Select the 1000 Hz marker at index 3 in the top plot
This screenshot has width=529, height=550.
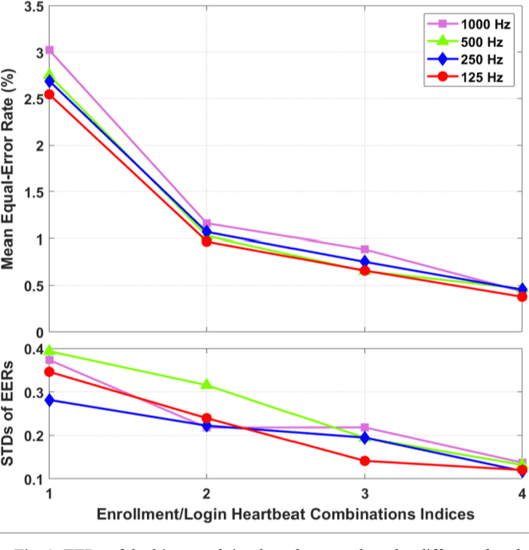pyautogui.click(x=365, y=249)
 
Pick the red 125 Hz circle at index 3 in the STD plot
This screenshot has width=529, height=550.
pyautogui.click(x=365, y=461)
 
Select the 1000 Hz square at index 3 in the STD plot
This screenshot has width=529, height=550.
pyautogui.click(x=365, y=428)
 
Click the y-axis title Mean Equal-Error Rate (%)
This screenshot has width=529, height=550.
pyautogui.click(x=12, y=170)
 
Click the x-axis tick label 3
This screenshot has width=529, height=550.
pyautogui.click(x=365, y=494)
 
